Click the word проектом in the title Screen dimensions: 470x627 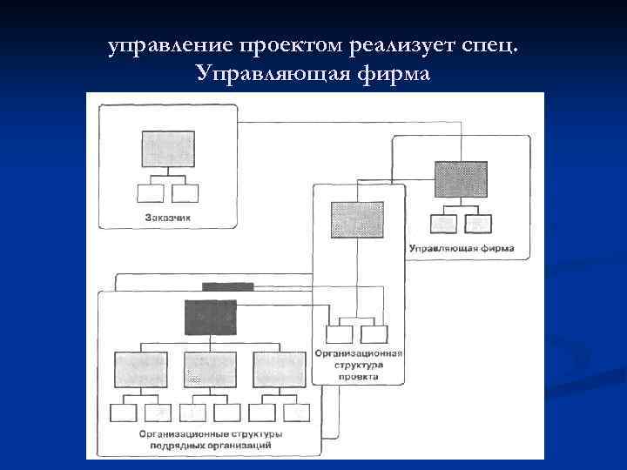295,45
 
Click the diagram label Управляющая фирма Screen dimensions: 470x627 461,248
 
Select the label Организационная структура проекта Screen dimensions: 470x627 359,366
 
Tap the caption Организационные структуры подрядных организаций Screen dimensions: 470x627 197,439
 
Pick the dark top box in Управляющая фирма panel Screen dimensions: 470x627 461,179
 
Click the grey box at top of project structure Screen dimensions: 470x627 356,219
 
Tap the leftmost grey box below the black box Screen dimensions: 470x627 140,369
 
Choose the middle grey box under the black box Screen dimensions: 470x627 210,369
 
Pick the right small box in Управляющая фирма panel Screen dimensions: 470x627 478,223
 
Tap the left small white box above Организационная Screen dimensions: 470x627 340,334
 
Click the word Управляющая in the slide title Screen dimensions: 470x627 274,74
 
